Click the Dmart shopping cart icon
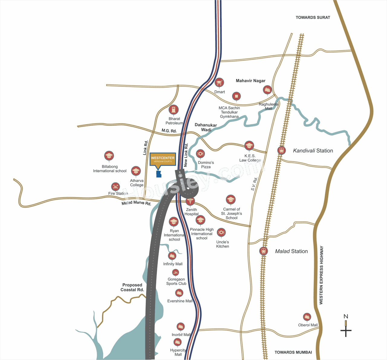point(219,82)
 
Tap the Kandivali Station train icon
point(281,150)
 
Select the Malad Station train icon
point(263,251)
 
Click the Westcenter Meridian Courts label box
point(163,159)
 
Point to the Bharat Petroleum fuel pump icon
point(174,109)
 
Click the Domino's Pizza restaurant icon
point(200,154)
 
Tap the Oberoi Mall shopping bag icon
point(307,317)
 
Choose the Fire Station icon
point(115,186)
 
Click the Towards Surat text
point(313,18)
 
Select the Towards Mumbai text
point(293,352)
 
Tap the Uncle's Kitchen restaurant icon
point(221,232)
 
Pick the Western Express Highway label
point(321,275)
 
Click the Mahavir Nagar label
point(250,81)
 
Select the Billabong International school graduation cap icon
point(109,156)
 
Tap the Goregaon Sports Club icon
point(175,273)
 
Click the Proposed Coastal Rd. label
point(132,287)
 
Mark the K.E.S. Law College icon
point(249,145)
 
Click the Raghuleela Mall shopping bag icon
point(267,90)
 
